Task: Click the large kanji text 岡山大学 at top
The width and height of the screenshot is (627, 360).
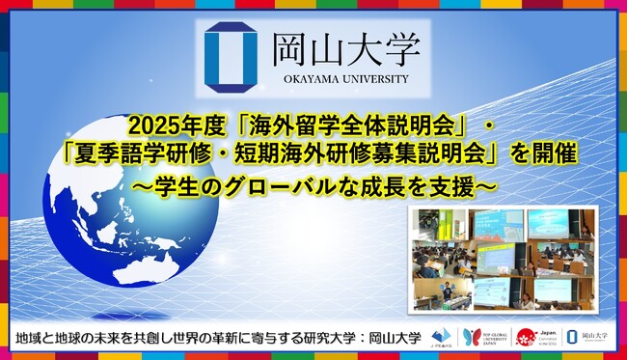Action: (330, 45)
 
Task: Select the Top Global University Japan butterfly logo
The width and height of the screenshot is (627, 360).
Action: (472, 337)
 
